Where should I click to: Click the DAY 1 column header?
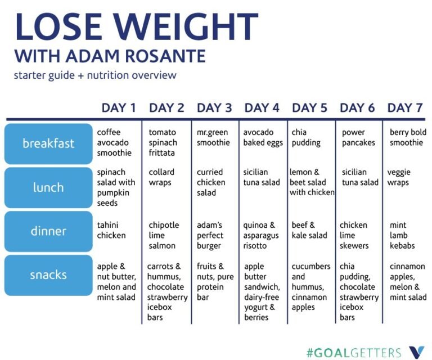118,107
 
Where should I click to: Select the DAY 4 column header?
262,107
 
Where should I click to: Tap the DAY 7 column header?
405,107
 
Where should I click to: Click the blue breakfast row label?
48,143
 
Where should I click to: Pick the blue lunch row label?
48,187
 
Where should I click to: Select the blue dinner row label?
48,231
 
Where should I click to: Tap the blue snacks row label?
48,275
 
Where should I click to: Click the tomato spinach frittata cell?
163,143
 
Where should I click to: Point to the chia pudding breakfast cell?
306,138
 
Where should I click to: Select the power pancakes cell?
358,138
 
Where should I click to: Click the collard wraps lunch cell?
161,177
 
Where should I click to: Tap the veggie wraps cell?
399,177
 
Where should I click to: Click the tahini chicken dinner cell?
111,231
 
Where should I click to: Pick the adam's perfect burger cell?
210,235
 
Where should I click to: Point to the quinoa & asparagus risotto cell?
259,235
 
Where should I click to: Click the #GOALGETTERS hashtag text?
354,353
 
